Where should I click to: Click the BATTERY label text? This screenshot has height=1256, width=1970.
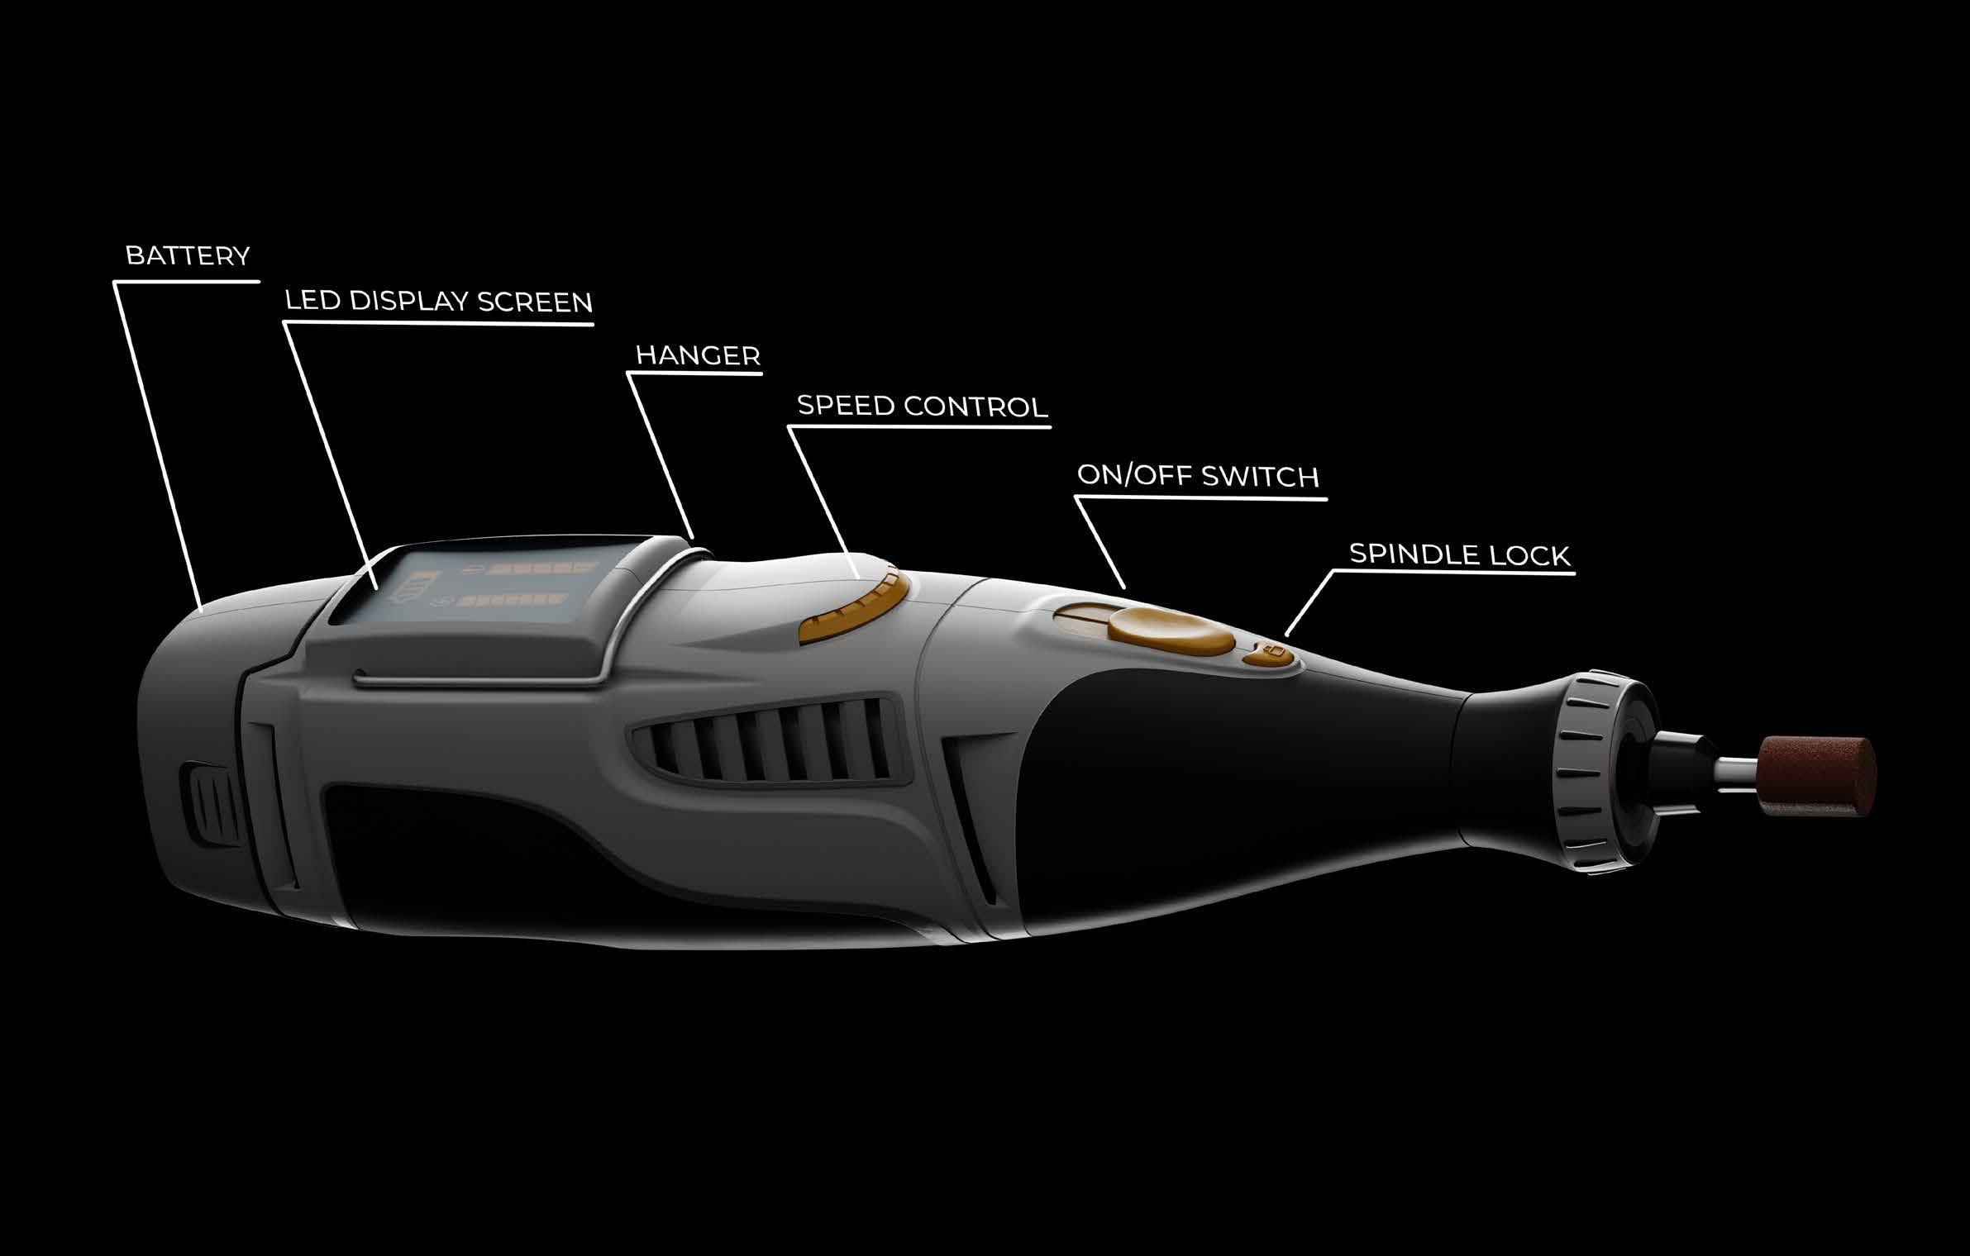point(188,256)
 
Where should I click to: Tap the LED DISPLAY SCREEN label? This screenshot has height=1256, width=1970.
point(439,302)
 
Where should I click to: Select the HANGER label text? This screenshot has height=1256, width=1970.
point(698,356)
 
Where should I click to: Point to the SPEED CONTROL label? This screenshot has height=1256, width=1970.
point(922,407)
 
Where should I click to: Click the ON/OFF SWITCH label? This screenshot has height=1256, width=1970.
point(1198,477)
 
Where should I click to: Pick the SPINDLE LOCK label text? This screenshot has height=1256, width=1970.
point(1459,554)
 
